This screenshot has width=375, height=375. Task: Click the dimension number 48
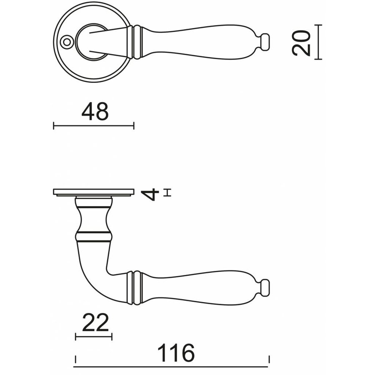(95, 112)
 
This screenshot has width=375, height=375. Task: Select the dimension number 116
(176, 353)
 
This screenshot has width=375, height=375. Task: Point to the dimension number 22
(95, 322)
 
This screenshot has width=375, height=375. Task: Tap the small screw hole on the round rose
(66, 42)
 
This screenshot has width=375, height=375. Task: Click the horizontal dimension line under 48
(94, 125)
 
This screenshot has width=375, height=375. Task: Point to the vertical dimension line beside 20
(319, 42)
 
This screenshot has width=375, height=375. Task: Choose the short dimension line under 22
(94, 336)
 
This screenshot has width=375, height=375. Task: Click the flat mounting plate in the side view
(94, 192)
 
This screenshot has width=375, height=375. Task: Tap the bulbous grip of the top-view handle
(200, 41)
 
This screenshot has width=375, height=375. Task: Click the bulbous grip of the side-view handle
(200, 287)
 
